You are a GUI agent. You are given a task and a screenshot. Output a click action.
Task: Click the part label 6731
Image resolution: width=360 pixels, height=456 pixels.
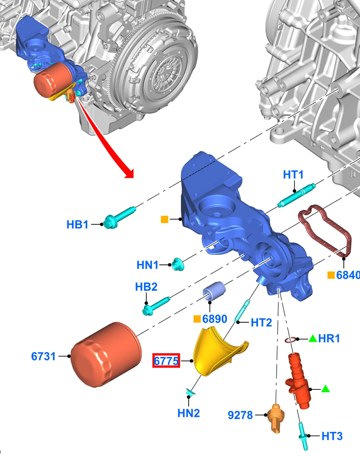43,356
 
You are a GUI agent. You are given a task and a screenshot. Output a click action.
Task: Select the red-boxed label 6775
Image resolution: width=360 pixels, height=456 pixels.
166,361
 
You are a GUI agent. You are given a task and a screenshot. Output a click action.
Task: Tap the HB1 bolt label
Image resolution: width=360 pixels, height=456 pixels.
78,224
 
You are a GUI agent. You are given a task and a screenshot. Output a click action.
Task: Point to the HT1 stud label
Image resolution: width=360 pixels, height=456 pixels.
293,175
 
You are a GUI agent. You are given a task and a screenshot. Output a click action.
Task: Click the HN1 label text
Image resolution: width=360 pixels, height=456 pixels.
148,265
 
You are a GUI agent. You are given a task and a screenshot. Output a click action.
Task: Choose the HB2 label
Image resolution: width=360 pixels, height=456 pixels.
146,287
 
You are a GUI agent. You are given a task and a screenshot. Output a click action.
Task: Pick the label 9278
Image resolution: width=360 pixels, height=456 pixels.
240,415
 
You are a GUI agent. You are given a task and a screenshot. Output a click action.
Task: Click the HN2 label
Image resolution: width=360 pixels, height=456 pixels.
189,413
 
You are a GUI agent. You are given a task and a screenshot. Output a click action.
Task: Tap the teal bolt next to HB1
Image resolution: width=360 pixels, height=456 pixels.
119,218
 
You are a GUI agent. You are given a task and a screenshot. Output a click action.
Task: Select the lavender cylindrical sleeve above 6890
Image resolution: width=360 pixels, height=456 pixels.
214,291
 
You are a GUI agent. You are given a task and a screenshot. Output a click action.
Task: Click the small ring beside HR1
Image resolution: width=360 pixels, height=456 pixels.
290,340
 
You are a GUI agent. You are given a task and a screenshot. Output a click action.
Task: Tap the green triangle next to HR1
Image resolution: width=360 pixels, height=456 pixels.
313,338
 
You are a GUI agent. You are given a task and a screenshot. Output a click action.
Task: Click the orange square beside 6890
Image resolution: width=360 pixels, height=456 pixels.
197,319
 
